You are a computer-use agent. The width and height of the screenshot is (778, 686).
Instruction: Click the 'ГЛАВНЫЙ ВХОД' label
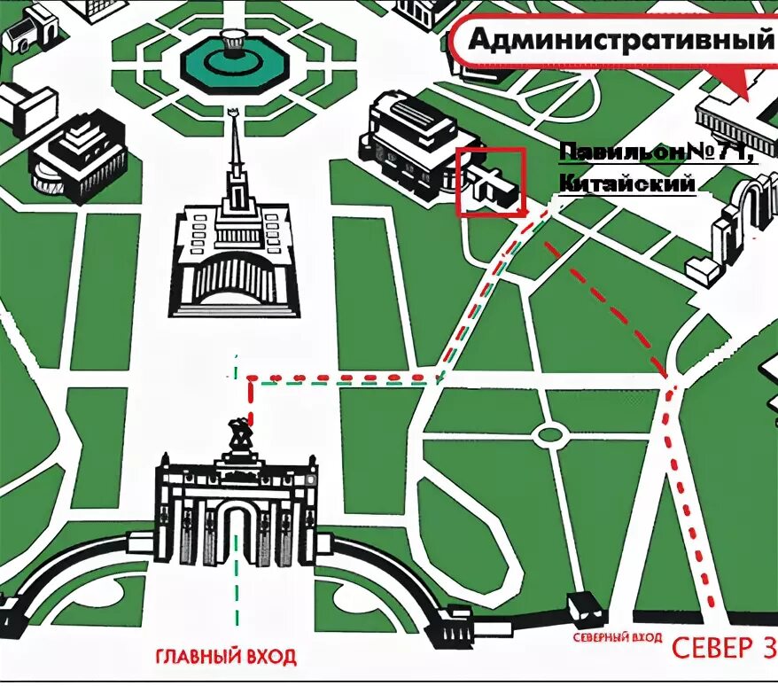tap(225, 657)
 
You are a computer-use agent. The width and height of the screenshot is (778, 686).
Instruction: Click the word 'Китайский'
tap(626, 183)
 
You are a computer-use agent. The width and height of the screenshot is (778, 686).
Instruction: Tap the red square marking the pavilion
tap(491, 182)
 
